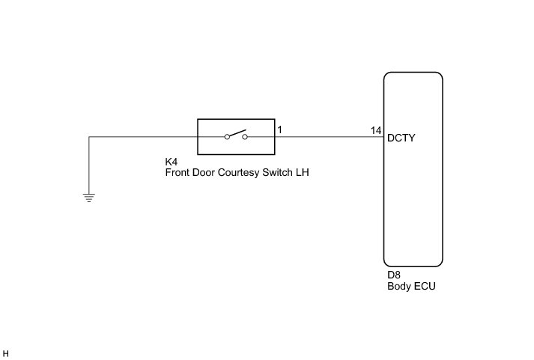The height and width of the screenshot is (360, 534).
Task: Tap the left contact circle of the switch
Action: [227, 137]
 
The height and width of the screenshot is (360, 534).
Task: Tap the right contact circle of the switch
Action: [245, 137]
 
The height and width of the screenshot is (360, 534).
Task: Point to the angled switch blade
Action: [237, 134]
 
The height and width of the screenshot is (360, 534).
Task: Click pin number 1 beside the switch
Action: [279, 130]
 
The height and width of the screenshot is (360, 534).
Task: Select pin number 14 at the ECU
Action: [376, 130]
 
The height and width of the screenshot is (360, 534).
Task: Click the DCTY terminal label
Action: [401, 138]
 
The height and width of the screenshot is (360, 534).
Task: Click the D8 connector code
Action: [394, 275]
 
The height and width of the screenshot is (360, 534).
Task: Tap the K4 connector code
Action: [171, 162]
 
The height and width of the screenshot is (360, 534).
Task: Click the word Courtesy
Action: [240, 172]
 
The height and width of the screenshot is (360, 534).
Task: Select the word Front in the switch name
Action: [178, 172]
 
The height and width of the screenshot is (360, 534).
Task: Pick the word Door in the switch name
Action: [204, 172]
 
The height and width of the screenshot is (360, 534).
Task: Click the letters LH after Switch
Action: [303, 172]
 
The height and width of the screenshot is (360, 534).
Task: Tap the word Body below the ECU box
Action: [399, 286]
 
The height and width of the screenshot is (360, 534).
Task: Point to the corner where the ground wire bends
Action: [89, 137]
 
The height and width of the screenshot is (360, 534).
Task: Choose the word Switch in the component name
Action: [278, 172]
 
